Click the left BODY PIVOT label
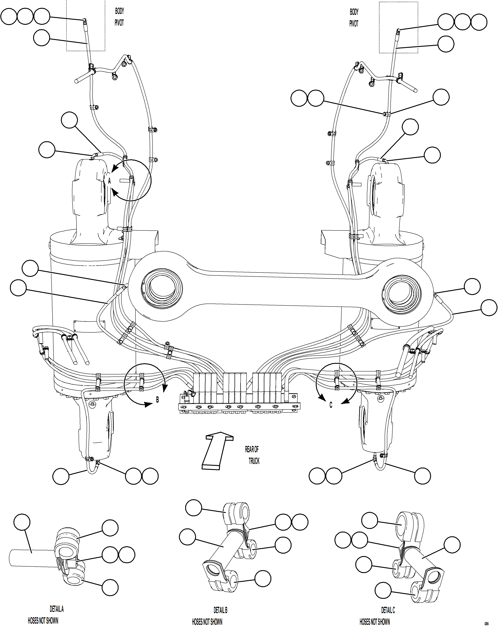119,17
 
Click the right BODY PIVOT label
354,18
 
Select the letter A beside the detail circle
109,181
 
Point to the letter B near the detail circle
157,400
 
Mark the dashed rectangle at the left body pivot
86,25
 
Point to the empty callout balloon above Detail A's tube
22,522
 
